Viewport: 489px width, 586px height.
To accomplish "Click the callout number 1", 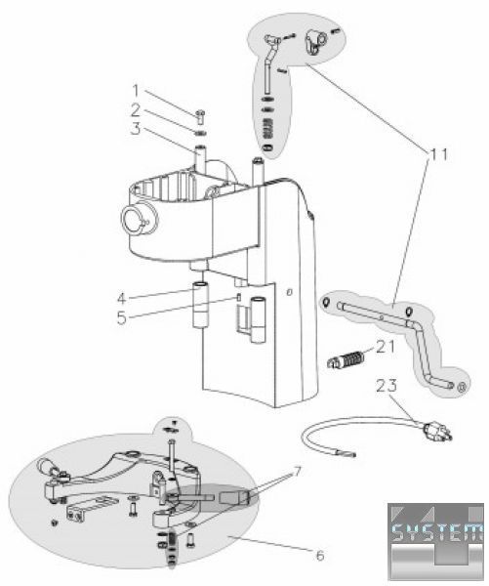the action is click(137, 92).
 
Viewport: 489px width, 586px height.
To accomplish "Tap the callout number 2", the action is click(136, 110).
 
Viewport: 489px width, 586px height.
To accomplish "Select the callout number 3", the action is click(136, 129).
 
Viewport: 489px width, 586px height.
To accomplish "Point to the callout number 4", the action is click(122, 299).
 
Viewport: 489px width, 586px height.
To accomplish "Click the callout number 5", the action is click(122, 318).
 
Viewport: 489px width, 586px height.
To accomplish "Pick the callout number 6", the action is click(320, 556).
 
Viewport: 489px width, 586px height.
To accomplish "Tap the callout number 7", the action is click(297, 472).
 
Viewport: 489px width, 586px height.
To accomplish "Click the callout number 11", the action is click(436, 154).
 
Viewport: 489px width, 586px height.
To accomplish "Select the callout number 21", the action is click(386, 347).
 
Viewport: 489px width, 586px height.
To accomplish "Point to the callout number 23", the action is click(387, 386).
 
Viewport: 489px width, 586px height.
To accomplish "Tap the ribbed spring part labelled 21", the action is click(346, 359).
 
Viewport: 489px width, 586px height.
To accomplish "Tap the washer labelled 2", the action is click(201, 133).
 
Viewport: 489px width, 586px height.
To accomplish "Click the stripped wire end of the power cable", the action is click(347, 455).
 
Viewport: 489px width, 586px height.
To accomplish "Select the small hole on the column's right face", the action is click(288, 292).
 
